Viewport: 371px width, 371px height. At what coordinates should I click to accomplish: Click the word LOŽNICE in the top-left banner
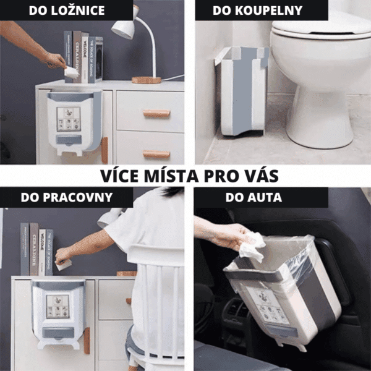coord(78,11)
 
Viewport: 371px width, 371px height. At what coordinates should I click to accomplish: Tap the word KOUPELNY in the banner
coord(269,11)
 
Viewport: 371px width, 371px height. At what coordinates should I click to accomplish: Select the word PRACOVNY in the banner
coord(78,197)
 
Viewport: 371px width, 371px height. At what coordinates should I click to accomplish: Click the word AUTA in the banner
coord(266,197)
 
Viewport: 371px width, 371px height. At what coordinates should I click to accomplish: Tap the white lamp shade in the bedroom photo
coord(124,29)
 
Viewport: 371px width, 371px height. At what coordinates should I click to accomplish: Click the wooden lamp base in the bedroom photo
coord(146,80)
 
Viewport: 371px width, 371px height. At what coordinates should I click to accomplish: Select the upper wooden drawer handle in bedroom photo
coord(156,113)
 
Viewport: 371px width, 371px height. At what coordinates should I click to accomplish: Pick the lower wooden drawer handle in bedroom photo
coord(156,154)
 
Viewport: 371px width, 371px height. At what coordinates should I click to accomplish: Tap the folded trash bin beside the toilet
coord(242,91)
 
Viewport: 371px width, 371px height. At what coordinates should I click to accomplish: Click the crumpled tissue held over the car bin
coord(252,247)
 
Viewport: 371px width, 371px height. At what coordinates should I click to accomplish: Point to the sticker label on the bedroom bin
coord(69,119)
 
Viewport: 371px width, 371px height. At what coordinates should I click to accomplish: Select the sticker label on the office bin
coord(58,307)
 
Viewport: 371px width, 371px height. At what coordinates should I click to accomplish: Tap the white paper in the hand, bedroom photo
coord(72,72)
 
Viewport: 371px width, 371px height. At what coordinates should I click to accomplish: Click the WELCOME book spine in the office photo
coord(42,252)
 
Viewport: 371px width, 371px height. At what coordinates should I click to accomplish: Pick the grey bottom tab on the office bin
coord(58,333)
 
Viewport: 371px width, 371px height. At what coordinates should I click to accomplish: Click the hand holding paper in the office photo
coord(62,256)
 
